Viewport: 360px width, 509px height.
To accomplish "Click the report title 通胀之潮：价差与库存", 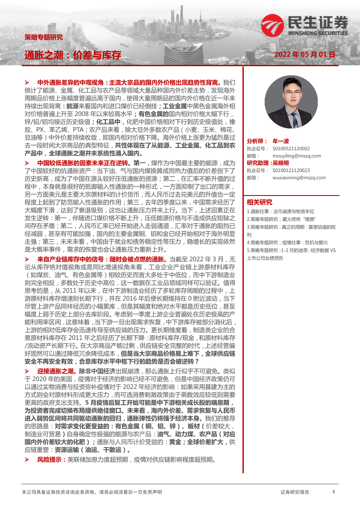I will point(73,54).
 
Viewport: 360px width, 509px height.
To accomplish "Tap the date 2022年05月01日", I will point(305,55).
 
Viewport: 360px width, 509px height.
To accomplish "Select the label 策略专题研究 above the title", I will point(44,37).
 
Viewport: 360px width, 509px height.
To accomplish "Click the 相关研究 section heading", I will point(259,202).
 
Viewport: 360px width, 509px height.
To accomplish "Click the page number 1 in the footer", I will point(333,492).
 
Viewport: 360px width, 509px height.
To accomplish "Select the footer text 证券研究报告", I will point(295,492).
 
